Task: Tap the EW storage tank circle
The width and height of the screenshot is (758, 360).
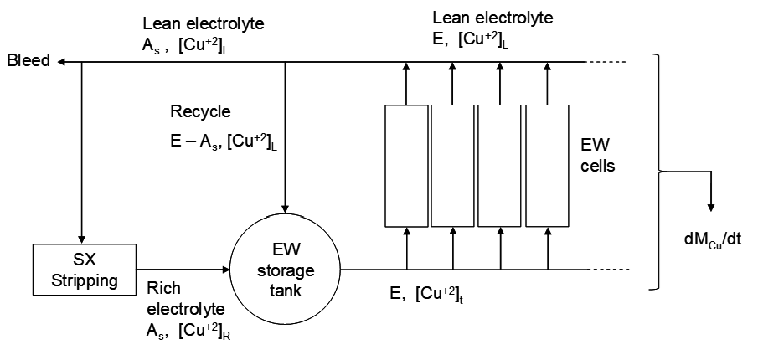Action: (286, 270)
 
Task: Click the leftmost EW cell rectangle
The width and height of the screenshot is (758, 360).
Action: (406, 166)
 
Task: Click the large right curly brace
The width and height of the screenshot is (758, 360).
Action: (663, 171)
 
